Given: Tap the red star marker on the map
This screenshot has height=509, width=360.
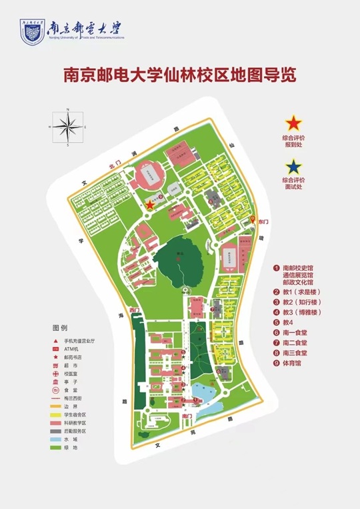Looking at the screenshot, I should [x=149, y=205].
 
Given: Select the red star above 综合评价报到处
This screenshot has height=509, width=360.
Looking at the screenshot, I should [x=293, y=123].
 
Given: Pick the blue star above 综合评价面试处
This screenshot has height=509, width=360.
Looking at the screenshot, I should [x=293, y=165].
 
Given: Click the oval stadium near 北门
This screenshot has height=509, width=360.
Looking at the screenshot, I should [x=148, y=177].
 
